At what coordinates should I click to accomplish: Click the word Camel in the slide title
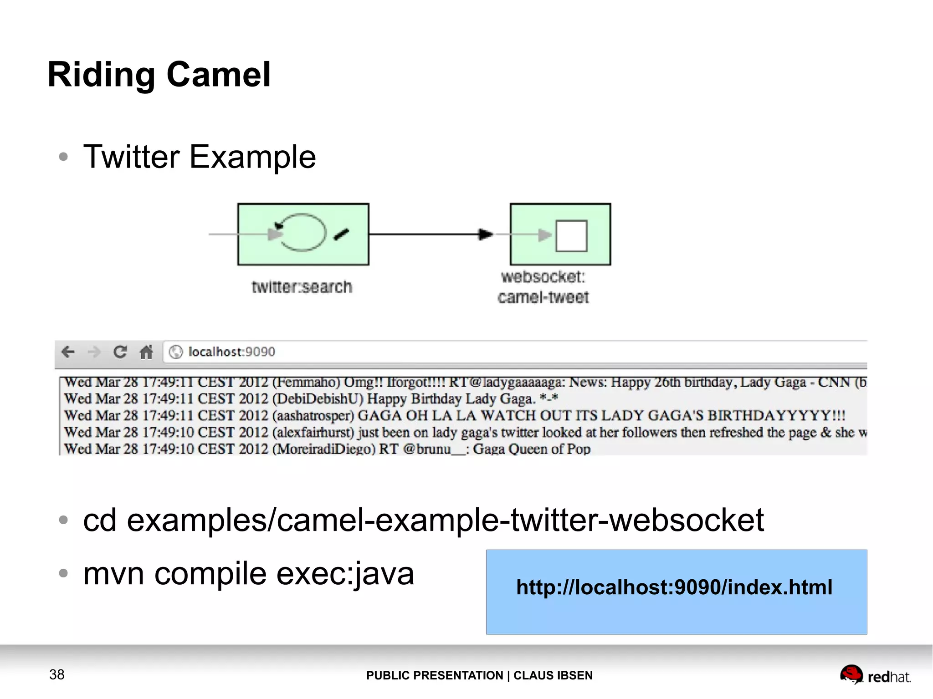219,75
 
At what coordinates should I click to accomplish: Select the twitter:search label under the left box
302,287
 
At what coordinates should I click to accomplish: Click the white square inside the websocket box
571,235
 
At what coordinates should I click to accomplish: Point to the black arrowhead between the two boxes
485,235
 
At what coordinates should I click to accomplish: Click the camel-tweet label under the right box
543,297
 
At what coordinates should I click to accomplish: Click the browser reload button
120,352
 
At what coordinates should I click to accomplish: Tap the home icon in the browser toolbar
146,352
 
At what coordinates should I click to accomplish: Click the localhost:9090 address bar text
231,352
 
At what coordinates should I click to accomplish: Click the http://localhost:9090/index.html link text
674,587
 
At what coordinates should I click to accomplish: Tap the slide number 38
57,674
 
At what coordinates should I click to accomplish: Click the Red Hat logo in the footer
875,675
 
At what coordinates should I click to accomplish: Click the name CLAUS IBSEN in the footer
553,675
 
